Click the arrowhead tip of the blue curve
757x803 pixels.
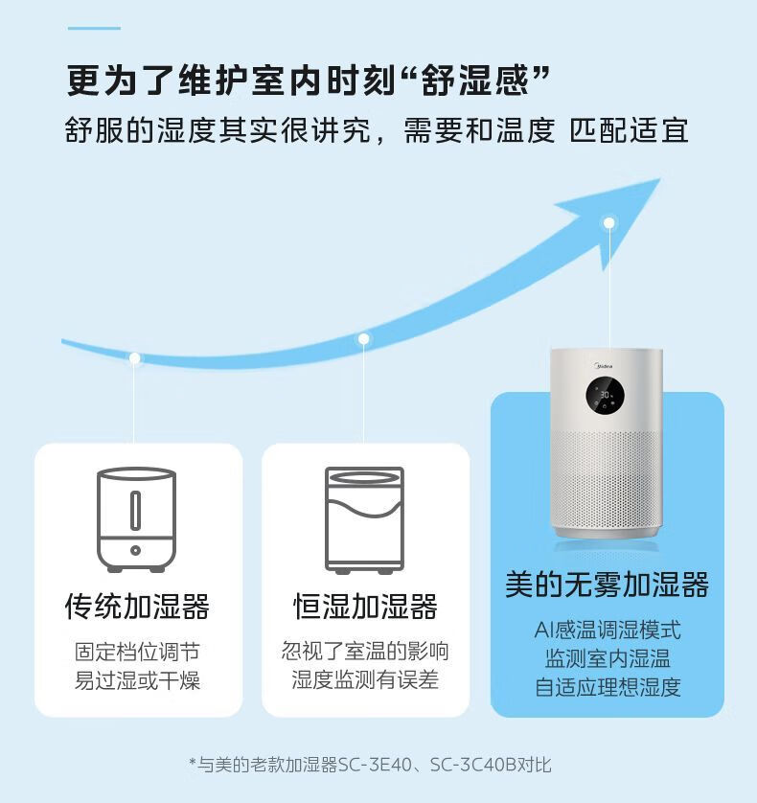point(659,179)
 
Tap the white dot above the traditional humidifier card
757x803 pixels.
point(135,358)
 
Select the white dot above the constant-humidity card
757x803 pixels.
point(363,338)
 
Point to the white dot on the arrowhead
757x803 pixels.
point(609,222)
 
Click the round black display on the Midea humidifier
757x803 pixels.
point(605,396)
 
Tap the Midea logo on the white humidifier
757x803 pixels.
point(604,366)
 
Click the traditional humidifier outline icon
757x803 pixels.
point(136,519)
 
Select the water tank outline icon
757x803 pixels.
point(364,519)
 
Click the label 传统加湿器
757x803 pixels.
point(137,607)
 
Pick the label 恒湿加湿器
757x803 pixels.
point(365,607)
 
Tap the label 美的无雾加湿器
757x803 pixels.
point(607,585)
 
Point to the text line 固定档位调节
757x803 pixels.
point(137,652)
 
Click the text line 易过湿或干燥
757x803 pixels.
point(137,680)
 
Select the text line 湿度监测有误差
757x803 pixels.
point(365,679)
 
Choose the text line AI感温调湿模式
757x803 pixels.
point(608,630)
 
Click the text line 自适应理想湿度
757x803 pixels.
point(608,687)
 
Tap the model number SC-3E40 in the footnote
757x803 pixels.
point(375,765)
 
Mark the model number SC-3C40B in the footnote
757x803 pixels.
point(473,765)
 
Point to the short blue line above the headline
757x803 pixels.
point(94,28)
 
